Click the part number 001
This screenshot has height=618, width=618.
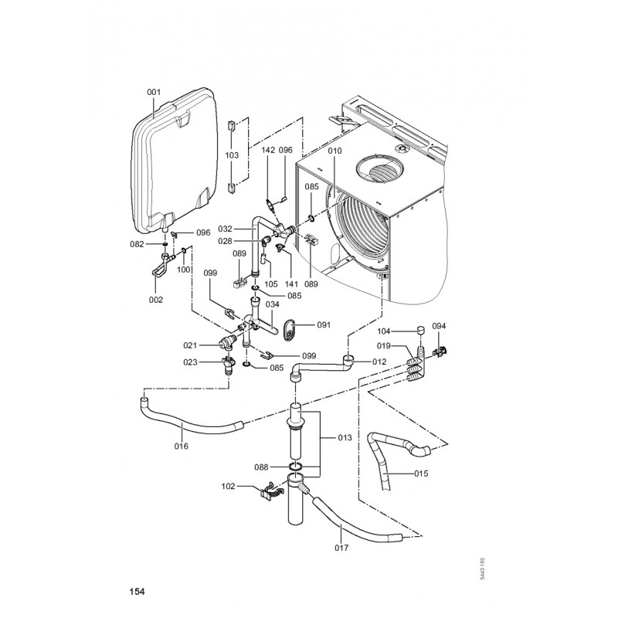click(154, 93)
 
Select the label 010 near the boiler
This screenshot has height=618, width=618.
click(334, 151)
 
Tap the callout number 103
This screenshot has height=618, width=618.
click(232, 155)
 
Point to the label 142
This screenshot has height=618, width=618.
click(268, 150)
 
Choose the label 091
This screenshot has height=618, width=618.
click(323, 325)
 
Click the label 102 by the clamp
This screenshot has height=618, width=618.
click(228, 487)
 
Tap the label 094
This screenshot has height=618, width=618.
click(440, 326)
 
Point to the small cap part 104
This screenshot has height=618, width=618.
click(420, 334)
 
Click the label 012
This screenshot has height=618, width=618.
click(379, 361)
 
